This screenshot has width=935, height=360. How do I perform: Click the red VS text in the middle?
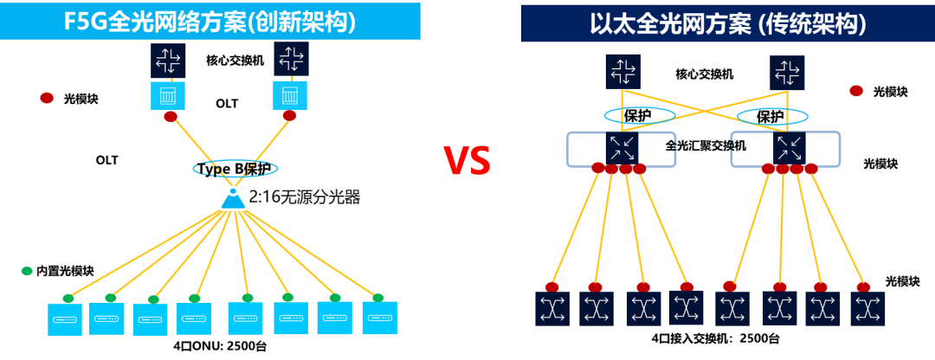[x=467, y=160]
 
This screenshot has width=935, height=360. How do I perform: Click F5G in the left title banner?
[x=84, y=22]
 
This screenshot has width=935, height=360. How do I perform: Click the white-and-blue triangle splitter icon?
[x=233, y=199]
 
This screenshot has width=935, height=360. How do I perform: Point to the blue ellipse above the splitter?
[x=235, y=168]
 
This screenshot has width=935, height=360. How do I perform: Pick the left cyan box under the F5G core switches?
[x=168, y=95]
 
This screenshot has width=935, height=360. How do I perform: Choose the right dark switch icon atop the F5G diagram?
[x=291, y=59]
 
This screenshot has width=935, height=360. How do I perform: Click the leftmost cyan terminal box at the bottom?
[x=65, y=319]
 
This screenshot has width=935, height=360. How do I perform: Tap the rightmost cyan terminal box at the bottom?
[x=379, y=318]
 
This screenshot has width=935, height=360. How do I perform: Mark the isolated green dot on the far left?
[x=27, y=271]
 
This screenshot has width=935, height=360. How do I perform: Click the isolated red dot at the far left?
[x=47, y=98]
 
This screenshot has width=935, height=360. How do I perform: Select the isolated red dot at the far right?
[x=856, y=91]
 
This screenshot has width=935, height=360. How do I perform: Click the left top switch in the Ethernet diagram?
[x=622, y=71]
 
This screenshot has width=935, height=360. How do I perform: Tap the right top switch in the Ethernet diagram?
[x=787, y=73]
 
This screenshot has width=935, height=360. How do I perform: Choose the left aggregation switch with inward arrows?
[x=622, y=147]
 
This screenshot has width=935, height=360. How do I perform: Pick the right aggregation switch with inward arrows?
[x=789, y=147]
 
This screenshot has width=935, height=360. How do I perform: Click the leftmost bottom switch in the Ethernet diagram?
[x=551, y=308]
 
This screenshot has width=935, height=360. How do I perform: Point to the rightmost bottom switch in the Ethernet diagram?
[x=867, y=308]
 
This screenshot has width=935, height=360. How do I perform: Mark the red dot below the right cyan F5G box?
[x=289, y=115]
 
